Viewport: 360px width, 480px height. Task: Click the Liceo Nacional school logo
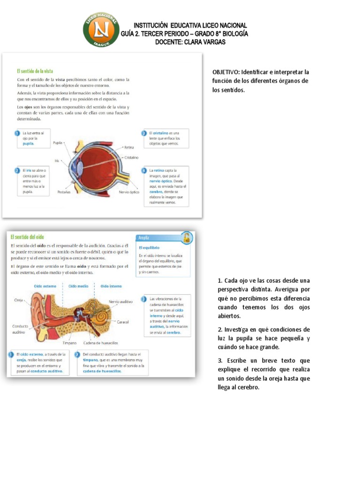tap(101, 29)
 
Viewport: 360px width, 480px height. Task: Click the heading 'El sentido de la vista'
tap(35, 71)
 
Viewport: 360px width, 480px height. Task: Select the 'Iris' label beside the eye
tap(57, 160)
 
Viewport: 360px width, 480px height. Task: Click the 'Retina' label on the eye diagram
tap(129, 147)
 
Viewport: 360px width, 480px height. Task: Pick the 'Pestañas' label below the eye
tap(64, 192)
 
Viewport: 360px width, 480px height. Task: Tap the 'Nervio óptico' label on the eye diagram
tap(129, 192)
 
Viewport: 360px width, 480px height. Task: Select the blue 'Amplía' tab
tap(144, 238)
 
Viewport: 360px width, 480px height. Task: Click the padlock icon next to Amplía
tap(187, 237)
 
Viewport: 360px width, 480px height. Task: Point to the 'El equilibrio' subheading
tap(149, 247)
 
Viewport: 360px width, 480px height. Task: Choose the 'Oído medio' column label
tap(78, 285)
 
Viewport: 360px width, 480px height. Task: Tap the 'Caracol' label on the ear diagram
tap(123, 322)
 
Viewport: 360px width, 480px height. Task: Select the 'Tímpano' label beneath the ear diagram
tap(69, 343)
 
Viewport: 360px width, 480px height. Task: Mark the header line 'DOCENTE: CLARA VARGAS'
tap(190, 42)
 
